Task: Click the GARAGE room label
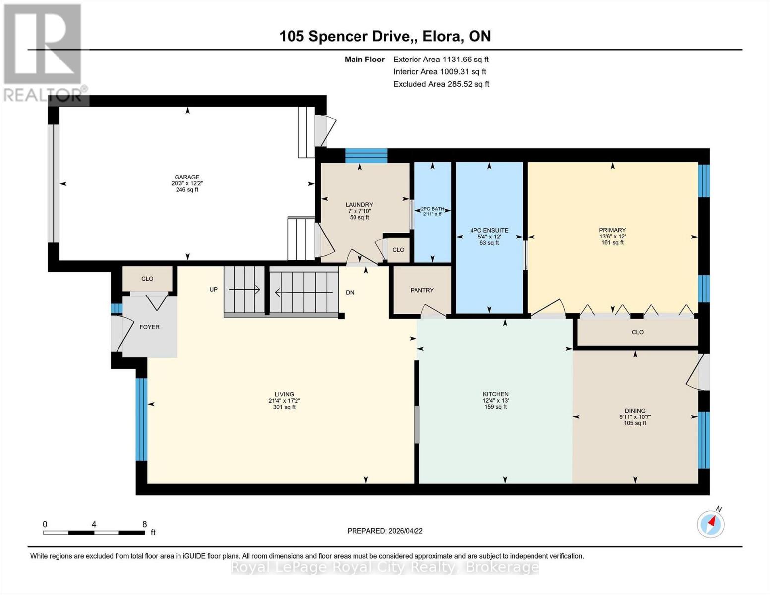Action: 187,177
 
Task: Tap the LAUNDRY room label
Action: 359,205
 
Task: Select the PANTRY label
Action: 422,290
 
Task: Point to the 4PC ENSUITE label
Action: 489,230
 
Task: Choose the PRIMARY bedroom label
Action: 612,230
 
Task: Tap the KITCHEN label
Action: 495,394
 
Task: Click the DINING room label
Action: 635,411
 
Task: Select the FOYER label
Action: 149,327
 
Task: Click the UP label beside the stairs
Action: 213,290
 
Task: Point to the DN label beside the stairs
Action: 350,293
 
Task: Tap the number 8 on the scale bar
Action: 144,524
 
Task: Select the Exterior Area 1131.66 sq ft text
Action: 441,59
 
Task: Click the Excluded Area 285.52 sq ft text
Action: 441,84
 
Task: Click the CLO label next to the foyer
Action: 147,279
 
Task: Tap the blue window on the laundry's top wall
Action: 366,155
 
